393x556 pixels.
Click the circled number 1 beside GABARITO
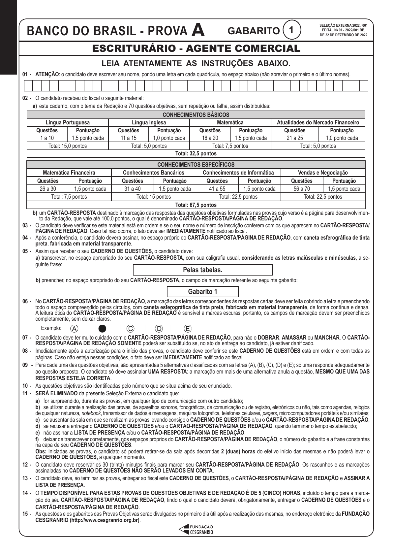click(291, 30)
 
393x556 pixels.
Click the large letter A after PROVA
click(198, 30)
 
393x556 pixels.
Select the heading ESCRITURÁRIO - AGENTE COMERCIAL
click(196, 49)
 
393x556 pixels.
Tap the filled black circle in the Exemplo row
click(103, 328)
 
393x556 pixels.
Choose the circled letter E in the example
click(188, 328)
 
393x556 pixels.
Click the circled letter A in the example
click(75, 328)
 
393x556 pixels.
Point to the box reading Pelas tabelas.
click(202, 270)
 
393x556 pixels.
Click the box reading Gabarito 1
click(202, 292)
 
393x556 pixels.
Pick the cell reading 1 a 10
click(47, 138)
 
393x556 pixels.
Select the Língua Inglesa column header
click(149, 122)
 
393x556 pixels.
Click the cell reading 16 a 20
click(210, 138)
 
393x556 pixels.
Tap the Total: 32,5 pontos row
click(196, 153)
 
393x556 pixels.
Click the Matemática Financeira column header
click(69, 173)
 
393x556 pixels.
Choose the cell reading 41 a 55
click(217, 189)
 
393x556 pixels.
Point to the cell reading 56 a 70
click(302, 189)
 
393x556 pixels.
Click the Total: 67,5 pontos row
click(196, 205)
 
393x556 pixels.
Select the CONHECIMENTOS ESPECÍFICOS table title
click(196, 165)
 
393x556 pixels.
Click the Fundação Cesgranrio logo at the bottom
click(196, 529)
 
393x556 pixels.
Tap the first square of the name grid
click(28, 85)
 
